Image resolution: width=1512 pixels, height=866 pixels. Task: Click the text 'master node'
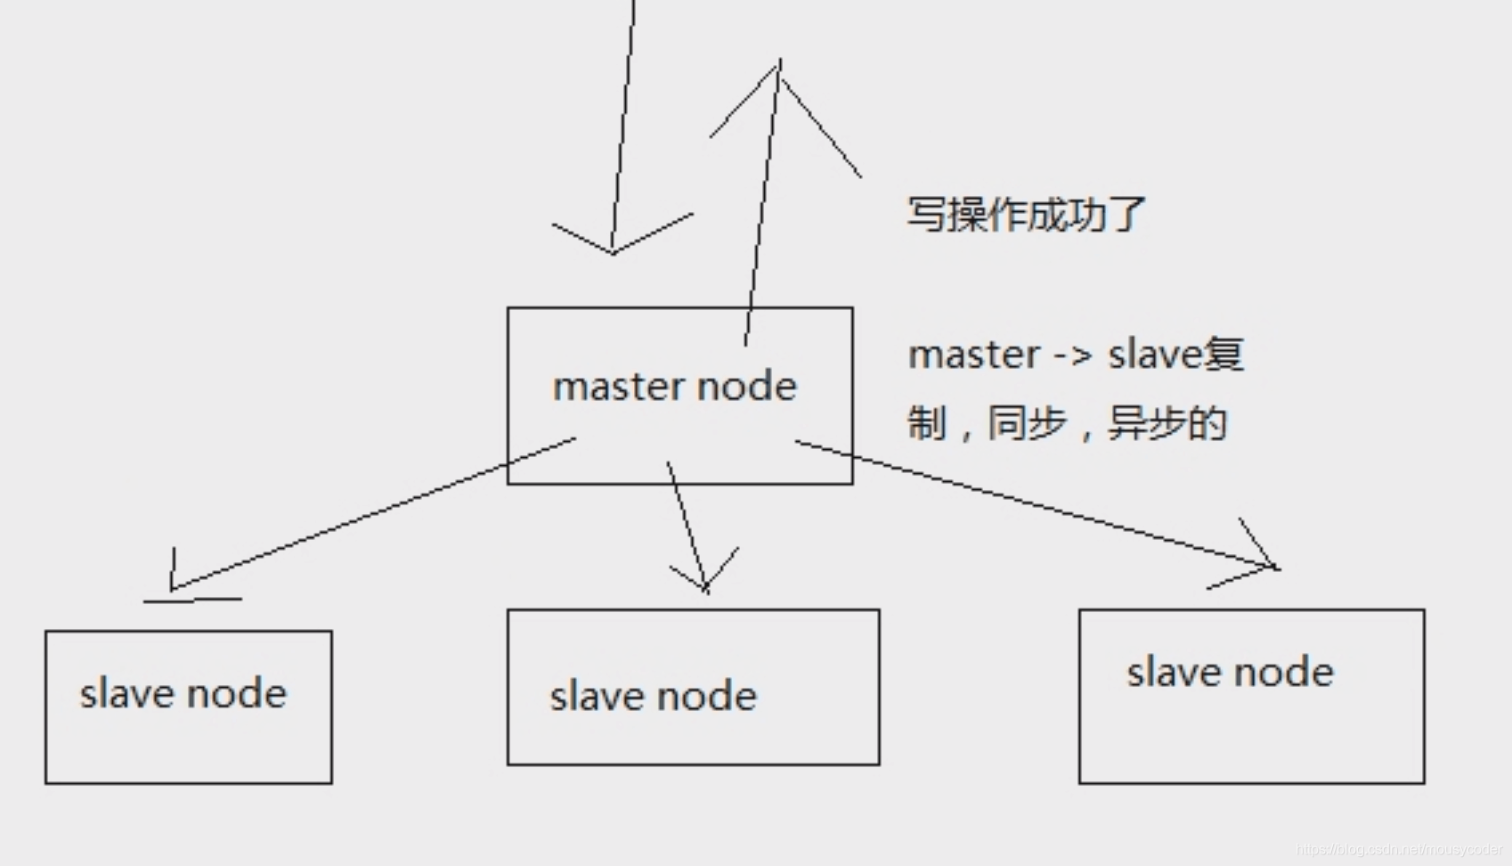coord(674,387)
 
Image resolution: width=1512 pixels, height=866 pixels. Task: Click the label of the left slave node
coord(183,694)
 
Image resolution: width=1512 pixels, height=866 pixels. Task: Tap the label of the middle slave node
coord(653,697)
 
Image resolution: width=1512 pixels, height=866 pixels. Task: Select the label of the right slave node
coord(1230,673)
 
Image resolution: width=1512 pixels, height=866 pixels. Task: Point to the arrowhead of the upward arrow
coord(779,71)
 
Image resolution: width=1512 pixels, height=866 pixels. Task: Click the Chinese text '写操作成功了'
coord(1026,215)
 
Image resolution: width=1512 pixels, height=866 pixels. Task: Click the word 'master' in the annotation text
coord(973,355)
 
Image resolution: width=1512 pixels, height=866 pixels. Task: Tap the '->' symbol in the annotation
coord(1072,355)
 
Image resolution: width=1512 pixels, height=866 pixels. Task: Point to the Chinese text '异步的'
coord(1167,423)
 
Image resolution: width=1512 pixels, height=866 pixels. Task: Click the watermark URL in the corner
coord(1399,850)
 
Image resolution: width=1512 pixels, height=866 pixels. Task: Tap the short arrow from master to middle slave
coord(686,521)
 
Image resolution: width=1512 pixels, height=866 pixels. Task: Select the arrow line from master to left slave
coord(374,513)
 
